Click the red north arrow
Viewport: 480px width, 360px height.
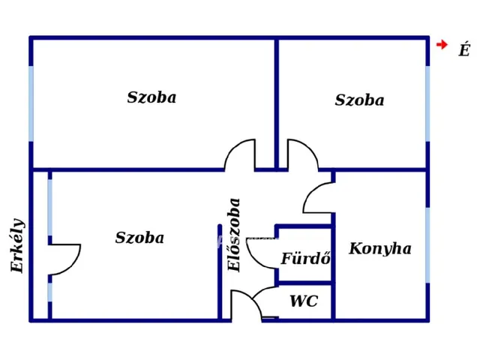[x=442, y=45]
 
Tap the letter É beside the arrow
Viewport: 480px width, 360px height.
[x=464, y=49]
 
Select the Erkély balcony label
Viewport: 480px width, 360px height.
[x=17, y=245]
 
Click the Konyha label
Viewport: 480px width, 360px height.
[x=380, y=249]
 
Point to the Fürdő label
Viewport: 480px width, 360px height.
[x=306, y=258]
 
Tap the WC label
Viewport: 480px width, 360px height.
[x=304, y=301]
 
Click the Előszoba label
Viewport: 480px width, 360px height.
[x=234, y=235]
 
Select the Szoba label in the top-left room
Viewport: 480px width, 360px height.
[x=151, y=97]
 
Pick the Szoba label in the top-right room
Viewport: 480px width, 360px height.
[x=359, y=100]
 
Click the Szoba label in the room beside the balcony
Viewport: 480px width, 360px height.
[x=139, y=238]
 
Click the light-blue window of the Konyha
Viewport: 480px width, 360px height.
[x=427, y=245]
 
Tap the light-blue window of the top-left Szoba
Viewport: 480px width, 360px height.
[x=31, y=103]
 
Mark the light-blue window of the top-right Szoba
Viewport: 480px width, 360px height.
[x=427, y=103]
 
